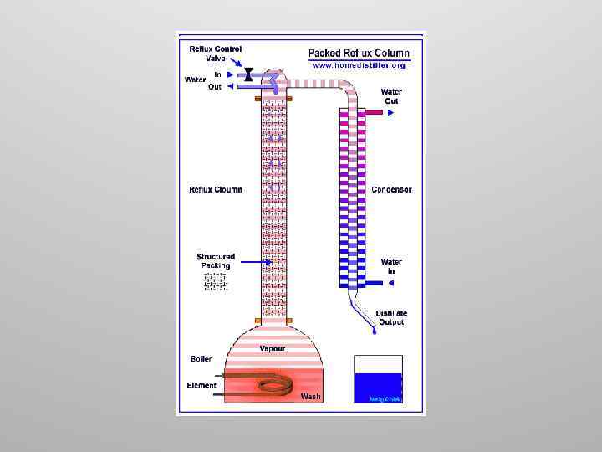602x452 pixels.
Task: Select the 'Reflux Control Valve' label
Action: point(215,54)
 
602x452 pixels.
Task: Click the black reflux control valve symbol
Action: point(248,75)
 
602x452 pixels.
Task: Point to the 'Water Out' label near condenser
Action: point(391,96)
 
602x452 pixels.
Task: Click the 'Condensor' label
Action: point(391,190)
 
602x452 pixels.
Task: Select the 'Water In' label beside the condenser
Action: point(391,266)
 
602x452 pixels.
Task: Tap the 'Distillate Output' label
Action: point(390,317)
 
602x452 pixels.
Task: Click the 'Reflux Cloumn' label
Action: point(216,190)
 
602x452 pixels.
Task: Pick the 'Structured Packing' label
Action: point(216,261)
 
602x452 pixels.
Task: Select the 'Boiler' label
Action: point(201,359)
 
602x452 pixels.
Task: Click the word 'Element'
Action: point(202,386)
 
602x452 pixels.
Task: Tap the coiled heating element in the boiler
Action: point(275,385)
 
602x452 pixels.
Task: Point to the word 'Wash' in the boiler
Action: point(310,397)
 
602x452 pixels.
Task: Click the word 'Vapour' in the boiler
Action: point(273,348)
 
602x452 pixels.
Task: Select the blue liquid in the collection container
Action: point(378,387)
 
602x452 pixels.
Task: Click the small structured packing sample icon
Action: point(216,283)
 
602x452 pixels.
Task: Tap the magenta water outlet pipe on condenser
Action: point(373,111)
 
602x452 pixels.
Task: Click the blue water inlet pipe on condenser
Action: point(373,283)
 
